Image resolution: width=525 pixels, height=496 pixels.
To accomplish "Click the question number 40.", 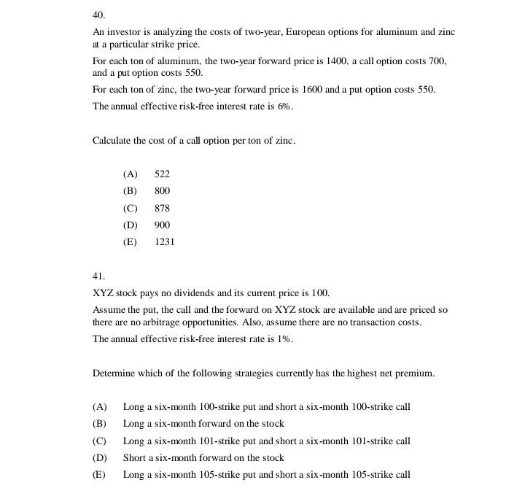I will [x=98, y=15].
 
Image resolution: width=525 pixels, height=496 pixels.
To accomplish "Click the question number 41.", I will [x=98, y=276].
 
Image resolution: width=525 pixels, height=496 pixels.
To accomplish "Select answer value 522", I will [x=162, y=174].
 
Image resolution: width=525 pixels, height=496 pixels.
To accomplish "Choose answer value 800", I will [x=162, y=191].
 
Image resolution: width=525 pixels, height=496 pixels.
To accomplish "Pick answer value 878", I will [x=162, y=209].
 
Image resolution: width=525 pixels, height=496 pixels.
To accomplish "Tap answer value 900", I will [x=162, y=225].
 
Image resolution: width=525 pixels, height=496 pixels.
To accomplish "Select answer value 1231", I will [x=164, y=242].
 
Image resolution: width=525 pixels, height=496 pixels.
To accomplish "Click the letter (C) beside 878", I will [x=130, y=209].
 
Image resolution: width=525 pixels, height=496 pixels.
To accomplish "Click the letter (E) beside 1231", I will [x=130, y=242].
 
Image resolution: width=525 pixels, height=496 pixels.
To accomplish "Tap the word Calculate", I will [x=112, y=141].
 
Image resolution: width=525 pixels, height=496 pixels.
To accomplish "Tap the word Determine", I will [x=114, y=373].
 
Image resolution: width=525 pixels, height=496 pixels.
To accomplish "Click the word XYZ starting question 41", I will [x=103, y=293].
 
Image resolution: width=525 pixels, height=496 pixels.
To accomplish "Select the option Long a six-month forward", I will [x=203, y=424].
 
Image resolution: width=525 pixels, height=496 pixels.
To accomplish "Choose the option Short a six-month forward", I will [x=203, y=458].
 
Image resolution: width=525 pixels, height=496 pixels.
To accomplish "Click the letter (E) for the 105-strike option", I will [x=99, y=475].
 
